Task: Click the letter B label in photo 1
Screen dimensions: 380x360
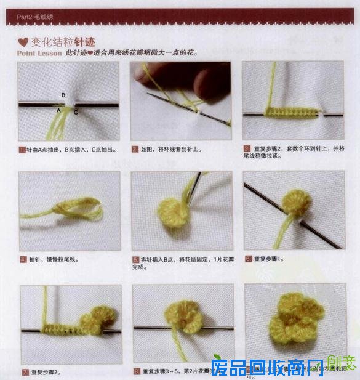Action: pyautogui.click(x=63, y=95)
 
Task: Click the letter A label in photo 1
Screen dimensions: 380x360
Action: pyautogui.click(x=58, y=110)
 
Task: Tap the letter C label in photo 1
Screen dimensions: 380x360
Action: pyautogui.click(x=76, y=111)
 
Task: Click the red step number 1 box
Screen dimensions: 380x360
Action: pyautogui.click(x=22, y=149)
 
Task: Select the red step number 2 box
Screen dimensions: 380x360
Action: pyautogui.click(x=135, y=149)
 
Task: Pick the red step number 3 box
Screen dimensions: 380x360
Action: pyautogui.click(x=247, y=149)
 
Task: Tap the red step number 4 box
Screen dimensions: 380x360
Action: pyautogui.click(x=22, y=259)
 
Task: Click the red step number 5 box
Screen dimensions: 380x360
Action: pyautogui.click(x=135, y=259)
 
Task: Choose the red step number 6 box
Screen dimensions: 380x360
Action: pyautogui.click(x=247, y=259)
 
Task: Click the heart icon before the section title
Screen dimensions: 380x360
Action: pyautogui.click(x=23, y=42)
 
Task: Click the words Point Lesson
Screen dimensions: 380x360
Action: pyautogui.click(x=40, y=54)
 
